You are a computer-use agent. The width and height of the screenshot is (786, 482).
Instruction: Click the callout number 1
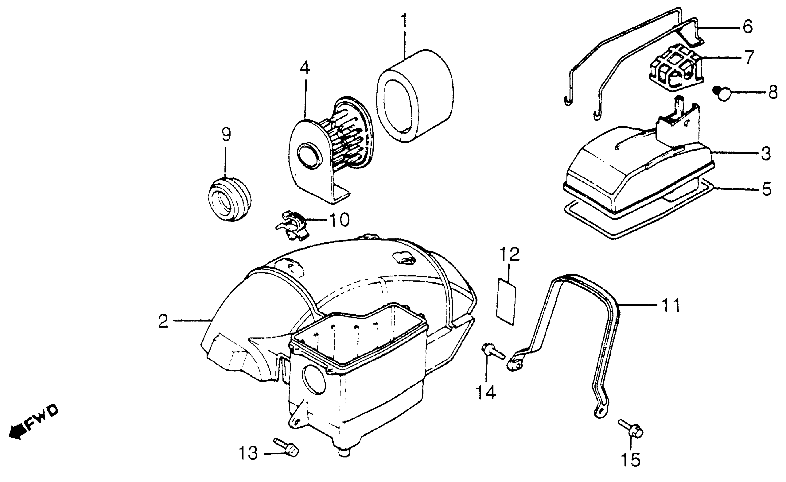404,21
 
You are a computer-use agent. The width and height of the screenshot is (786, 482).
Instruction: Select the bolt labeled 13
286,446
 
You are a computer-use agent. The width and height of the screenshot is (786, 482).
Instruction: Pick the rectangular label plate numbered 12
506,302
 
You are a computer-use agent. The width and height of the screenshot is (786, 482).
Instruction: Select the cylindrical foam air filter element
415,96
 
